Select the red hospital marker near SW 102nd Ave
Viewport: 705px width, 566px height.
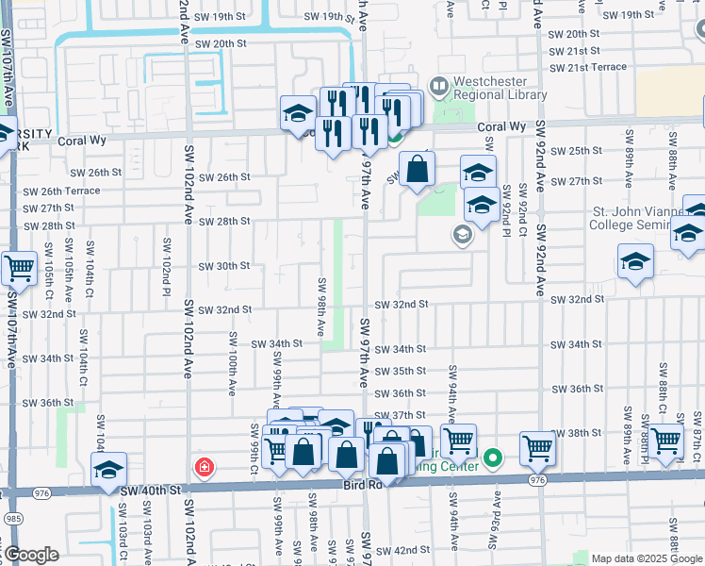tap(203, 467)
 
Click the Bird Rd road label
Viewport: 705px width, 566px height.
tap(361, 484)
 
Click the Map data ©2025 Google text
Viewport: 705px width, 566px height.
tap(648, 558)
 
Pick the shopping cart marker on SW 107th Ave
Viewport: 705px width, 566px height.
tap(19, 270)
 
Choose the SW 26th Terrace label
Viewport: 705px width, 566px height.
tap(57, 191)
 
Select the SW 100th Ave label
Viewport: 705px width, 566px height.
tap(232, 362)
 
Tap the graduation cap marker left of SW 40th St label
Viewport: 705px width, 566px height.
tap(108, 469)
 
